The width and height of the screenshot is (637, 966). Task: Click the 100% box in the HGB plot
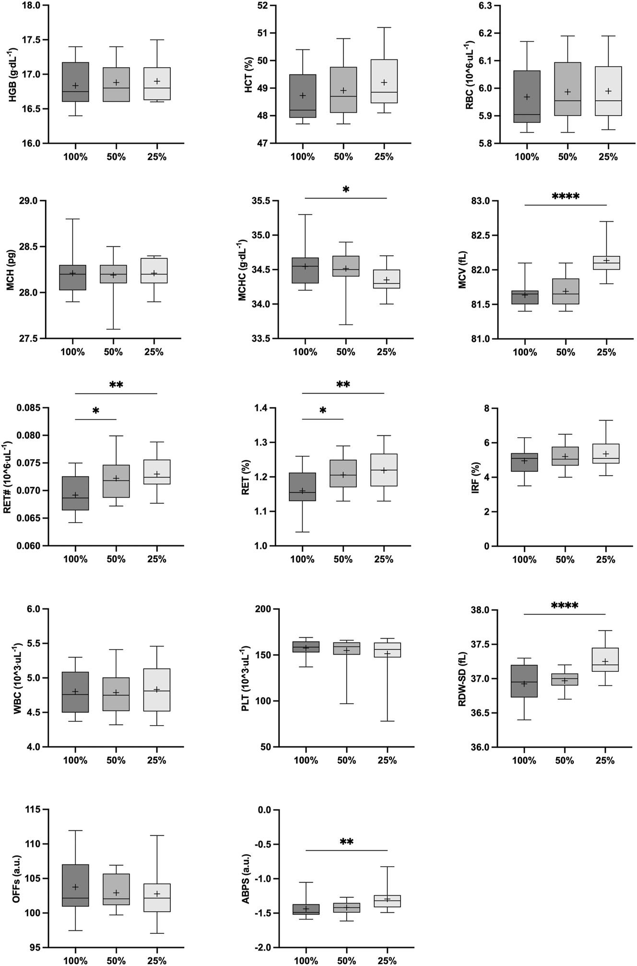(75, 82)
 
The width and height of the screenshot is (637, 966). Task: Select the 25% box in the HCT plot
(384, 81)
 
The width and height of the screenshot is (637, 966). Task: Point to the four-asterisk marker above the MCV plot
(566, 196)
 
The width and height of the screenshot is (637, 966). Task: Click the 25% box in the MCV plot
(606, 263)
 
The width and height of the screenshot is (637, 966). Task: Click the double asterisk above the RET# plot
(116, 385)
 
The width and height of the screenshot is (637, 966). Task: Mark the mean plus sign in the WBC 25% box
(157, 690)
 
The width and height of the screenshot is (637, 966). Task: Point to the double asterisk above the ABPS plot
(346, 842)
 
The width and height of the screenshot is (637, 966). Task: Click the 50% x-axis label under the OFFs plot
(116, 959)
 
